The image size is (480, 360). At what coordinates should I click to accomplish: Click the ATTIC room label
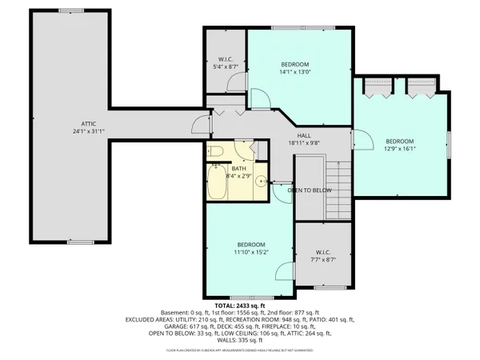88,124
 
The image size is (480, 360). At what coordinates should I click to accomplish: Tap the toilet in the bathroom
216,151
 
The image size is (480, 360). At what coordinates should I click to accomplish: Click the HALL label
304,136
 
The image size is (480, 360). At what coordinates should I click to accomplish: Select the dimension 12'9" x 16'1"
401,148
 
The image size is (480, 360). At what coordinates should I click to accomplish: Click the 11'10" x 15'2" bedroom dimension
250,253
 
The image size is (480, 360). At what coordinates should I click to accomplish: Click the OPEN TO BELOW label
310,190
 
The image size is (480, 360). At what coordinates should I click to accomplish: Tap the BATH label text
239,169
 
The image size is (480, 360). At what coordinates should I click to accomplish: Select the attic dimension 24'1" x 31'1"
88,133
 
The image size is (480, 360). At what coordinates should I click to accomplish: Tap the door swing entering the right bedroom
362,142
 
